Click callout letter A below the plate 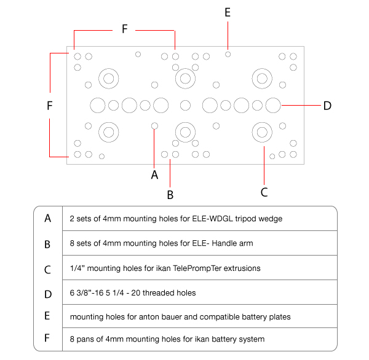pyautogui.click(x=154, y=174)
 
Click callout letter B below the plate pyautogui.click(x=170, y=195)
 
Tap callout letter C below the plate pyautogui.click(x=264, y=192)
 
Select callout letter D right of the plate pyautogui.click(x=327, y=106)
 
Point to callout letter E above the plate pyautogui.click(x=228, y=12)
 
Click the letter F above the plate pyautogui.click(x=124, y=29)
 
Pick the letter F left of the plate pyautogui.click(x=50, y=106)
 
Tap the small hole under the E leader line pyautogui.click(x=228, y=54)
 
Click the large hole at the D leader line pyautogui.click(x=273, y=105)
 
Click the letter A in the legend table pyautogui.click(x=48, y=218)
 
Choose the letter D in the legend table pyautogui.click(x=48, y=292)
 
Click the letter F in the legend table pyautogui.click(x=48, y=338)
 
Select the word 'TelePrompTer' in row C pyautogui.click(x=169, y=268)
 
